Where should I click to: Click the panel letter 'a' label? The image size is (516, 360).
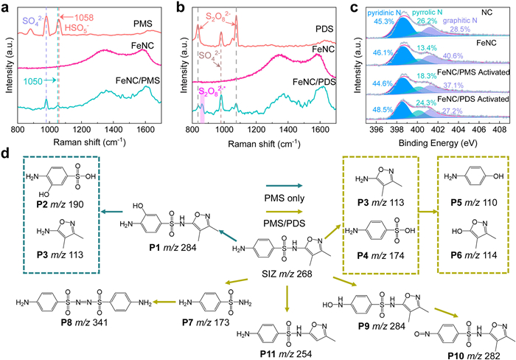point(5,7)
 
